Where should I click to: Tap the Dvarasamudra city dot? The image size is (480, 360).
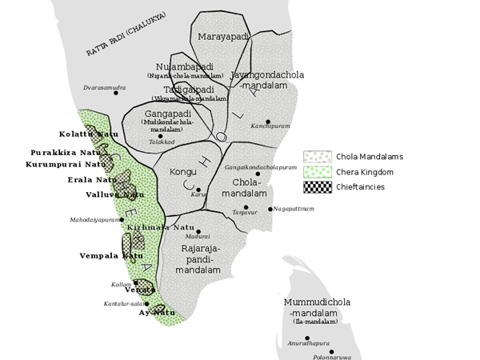pos(117,93)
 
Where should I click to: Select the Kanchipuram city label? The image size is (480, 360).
pos(270,126)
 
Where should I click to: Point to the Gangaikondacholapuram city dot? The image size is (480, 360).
pos(258,174)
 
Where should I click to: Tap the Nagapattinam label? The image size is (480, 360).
pos(294,209)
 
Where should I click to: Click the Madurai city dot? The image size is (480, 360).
pos(198,231)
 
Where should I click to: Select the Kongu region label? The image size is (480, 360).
pos(183,172)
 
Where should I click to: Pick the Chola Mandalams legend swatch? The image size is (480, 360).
pos(317,157)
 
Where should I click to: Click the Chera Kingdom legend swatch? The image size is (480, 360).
pos(317,172)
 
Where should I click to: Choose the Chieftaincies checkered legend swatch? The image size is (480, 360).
pos(317,186)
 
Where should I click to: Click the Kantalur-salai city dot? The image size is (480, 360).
pos(146,304)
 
